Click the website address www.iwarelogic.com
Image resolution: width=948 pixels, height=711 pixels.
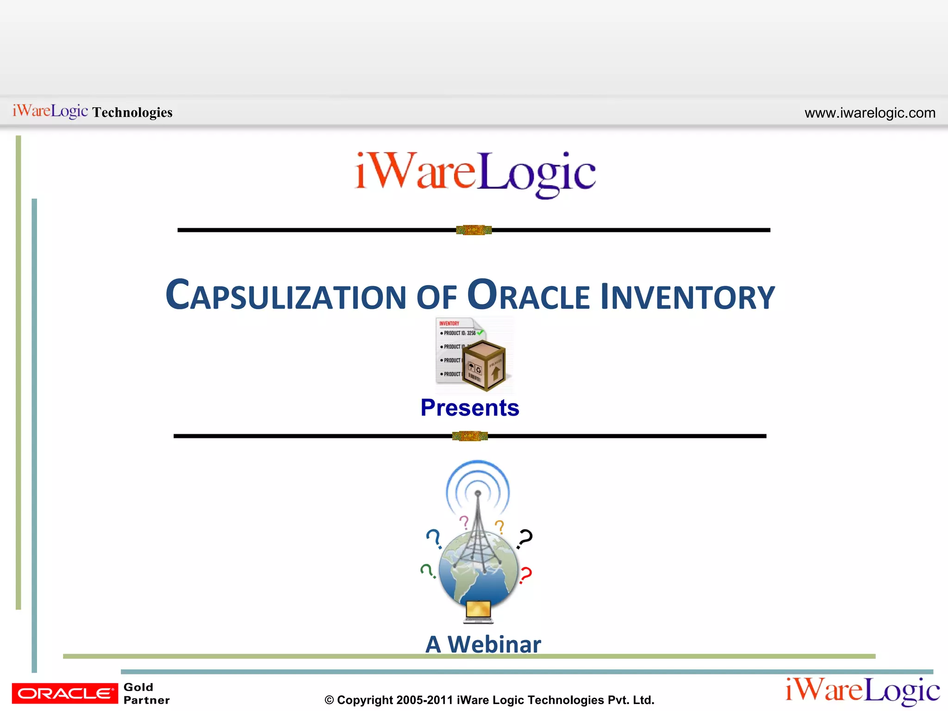(x=870, y=113)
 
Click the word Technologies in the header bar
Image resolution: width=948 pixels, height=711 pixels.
(x=132, y=112)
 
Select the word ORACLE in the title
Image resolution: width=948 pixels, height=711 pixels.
(x=528, y=295)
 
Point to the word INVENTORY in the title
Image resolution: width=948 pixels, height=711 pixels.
(x=687, y=296)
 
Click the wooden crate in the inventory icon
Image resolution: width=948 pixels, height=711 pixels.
(x=484, y=366)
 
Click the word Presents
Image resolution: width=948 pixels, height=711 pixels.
(x=469, y=408)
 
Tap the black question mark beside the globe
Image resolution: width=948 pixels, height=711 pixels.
(x=525, y=539)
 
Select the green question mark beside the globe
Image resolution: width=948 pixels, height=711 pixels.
(x=427, y=571)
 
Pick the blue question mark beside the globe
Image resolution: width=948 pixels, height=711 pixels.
(x=434, y=538)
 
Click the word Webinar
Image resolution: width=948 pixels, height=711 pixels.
(x=494, y=644)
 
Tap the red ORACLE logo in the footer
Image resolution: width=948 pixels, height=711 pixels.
(x=65, y=693)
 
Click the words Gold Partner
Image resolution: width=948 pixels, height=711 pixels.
(x=146, y=693)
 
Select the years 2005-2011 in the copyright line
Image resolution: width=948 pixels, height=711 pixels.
(x=424, y=700)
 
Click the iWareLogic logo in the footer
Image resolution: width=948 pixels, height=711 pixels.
(x=862, y=691)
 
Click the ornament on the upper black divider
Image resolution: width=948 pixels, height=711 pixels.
(x=474, y=230)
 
